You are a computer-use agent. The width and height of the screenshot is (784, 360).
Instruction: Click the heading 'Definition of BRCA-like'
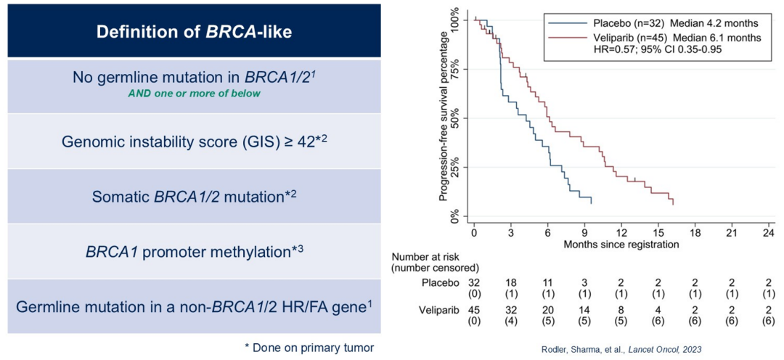pos(194,32)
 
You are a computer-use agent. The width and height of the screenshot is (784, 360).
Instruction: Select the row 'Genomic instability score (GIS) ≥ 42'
pos(194,141)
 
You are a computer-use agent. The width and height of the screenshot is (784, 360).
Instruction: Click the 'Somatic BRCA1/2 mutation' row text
pos(194,197)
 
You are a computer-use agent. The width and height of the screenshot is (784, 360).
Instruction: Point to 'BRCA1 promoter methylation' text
pos(194,251)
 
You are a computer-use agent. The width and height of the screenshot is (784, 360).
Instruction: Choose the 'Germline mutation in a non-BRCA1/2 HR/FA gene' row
pos(194,306)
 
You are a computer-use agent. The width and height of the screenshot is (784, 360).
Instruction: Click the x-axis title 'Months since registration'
pos(621,244)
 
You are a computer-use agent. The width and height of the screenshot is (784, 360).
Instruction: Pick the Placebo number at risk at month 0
pos(474,281)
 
